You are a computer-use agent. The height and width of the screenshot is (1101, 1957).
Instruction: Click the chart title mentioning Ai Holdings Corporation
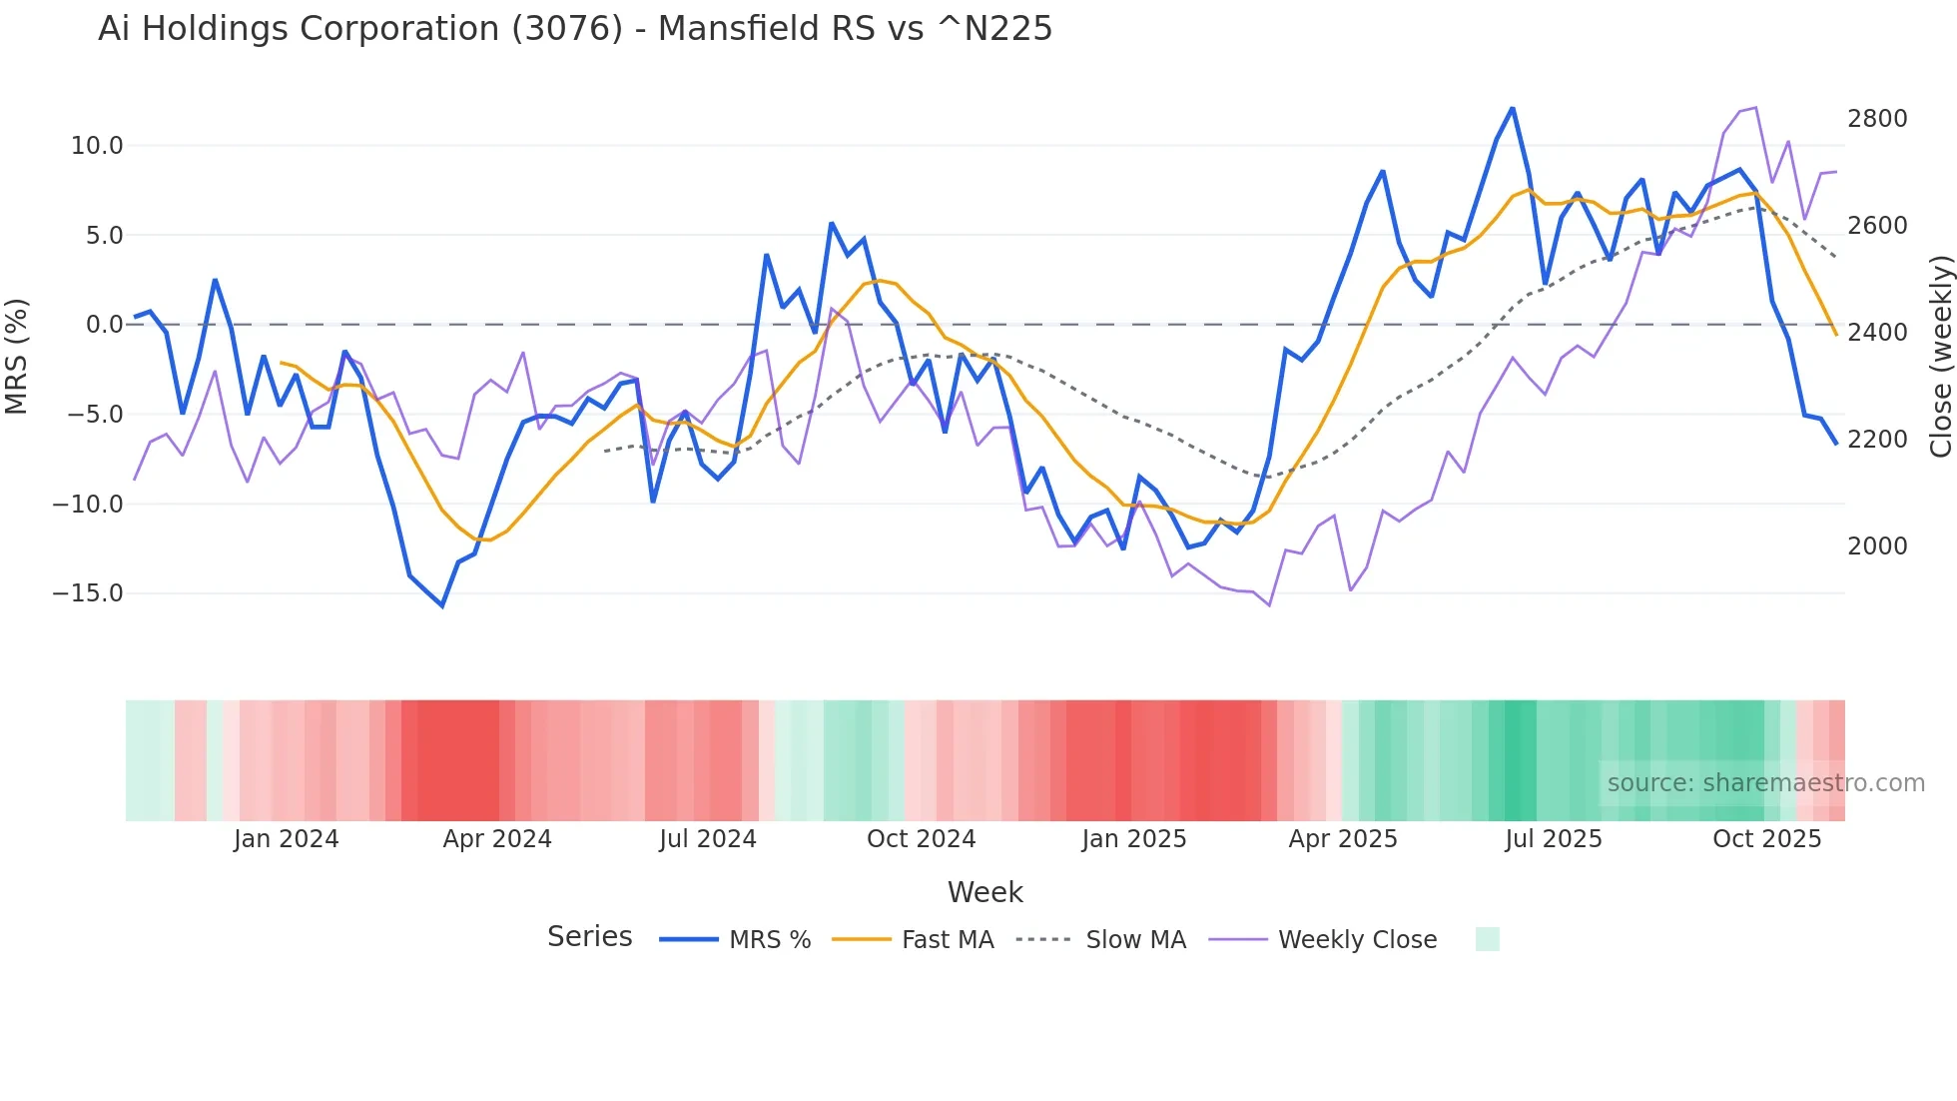575,29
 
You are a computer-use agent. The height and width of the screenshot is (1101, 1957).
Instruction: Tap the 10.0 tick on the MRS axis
97,146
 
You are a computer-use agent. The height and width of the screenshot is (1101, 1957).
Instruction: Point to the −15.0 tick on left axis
88,593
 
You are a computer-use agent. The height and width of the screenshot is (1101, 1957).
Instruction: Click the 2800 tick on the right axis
1877,119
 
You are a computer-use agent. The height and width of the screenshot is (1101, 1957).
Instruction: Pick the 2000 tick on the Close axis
1877,547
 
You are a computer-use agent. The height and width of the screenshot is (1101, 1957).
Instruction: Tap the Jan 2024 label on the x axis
287,839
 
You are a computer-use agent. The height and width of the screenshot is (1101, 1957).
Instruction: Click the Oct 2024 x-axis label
921,839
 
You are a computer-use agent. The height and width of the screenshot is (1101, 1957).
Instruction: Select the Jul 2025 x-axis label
1554,839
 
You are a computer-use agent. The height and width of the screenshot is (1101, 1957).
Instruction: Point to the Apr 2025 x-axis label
1343,839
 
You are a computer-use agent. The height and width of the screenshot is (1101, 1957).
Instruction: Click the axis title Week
984,892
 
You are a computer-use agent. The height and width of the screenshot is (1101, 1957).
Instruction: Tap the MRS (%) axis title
17,356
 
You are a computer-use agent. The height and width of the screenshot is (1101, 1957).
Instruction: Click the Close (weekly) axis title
1940,357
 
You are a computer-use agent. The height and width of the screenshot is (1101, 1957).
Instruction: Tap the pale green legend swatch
1487,939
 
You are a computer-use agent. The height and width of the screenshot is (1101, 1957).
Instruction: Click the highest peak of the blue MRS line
1512,109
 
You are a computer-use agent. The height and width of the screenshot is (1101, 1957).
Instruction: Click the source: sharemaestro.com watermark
1765,783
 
